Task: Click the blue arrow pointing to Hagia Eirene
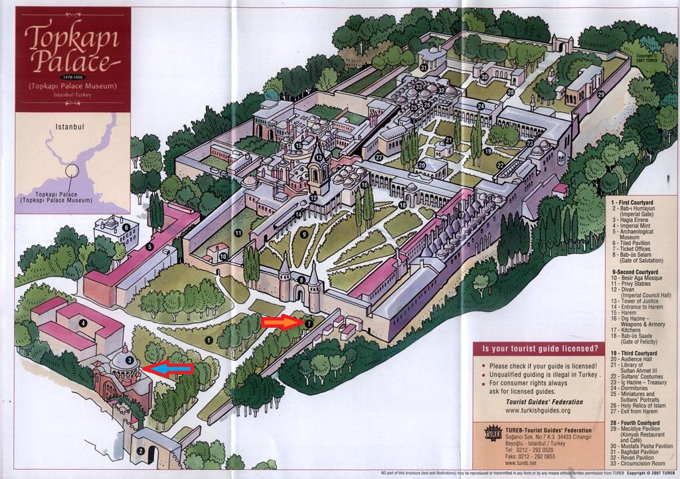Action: (x=169, y=368)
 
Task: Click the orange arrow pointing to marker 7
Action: (x=282, y=323)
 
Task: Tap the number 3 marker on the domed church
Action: (x=130, y=361)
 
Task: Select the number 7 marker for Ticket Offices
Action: (x=309, y=323)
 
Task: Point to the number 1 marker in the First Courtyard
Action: (x=209, y=340)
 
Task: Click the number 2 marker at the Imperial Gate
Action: (x=141, y=451)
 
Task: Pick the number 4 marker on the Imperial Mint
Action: (x=83, y=324)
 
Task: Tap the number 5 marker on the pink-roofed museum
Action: (x=150, y=247)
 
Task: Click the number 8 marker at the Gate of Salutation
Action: (x=301, y=281)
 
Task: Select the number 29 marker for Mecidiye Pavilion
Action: (x=600, y=95)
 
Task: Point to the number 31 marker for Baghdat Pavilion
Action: (x=423, y=68)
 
